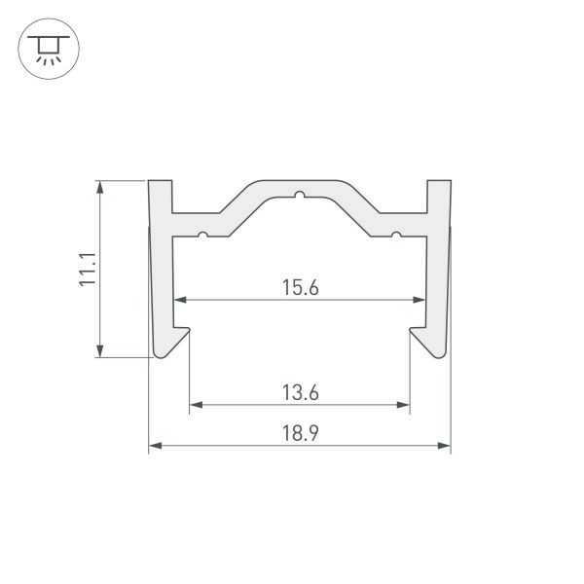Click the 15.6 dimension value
pyautogui.click(x=301, y=287)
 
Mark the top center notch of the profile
pyautogui.click(x=300, y=195)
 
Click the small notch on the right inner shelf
pyautogui.click(x=397, y=235)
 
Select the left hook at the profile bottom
pyautogui.click(x=170, y=342)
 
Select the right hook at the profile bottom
pyautogui.click(x=429, y=342)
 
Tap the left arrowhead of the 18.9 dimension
pyautogui.click(x=154, y=447)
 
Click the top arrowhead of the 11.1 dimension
pyautogui.click(x=99, y=187)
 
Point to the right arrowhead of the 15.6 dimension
pyautogui.click(x=420, y=299)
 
